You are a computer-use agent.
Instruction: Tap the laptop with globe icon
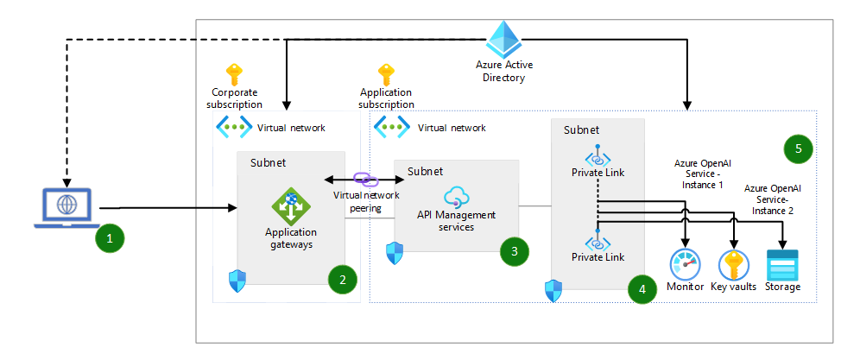tap(66, 208)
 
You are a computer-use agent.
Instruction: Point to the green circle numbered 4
tap(642, 290)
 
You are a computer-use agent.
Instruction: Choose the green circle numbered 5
tap(799, 148)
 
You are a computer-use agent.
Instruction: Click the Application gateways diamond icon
tap(290, 205)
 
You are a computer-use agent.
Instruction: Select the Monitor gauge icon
tap(686, 264)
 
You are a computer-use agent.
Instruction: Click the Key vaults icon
tap(735, 264)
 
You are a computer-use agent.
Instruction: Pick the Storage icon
tap(783, 264)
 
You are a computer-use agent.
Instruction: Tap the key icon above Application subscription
tap(386, 74)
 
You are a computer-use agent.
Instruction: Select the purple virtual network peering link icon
tap(366, 179)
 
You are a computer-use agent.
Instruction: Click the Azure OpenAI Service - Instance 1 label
tap(699, 174)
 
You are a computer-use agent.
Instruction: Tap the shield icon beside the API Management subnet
tap(395, 252)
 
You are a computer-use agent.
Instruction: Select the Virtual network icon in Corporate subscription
tap(233, 128)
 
